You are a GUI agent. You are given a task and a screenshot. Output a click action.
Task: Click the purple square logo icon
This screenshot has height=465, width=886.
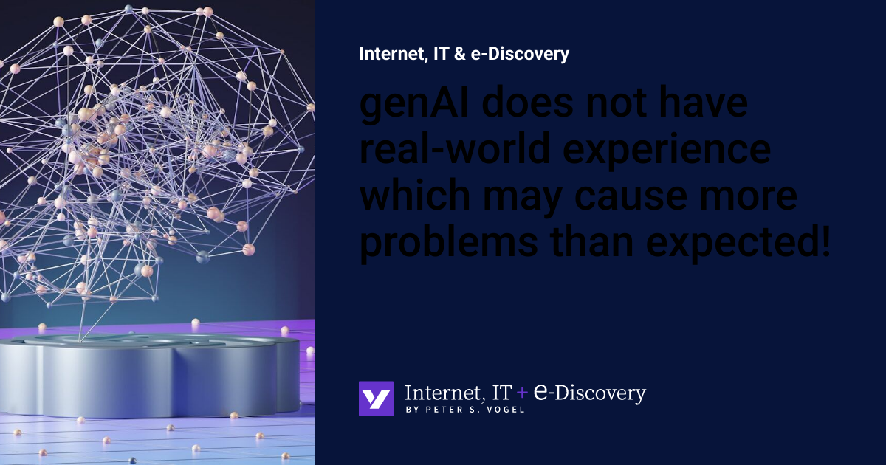[376, 399]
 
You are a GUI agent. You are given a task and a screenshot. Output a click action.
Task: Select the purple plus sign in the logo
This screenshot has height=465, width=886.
[522, 394]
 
